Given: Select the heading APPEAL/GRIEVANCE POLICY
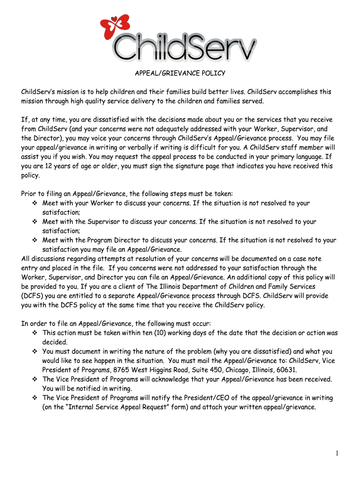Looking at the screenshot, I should click(x=180, y=73).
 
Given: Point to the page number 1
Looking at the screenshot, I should click(x=337, y=453).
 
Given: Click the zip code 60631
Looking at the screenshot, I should click(x=286, y=370).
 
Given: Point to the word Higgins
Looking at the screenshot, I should click(x=162, y=370).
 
